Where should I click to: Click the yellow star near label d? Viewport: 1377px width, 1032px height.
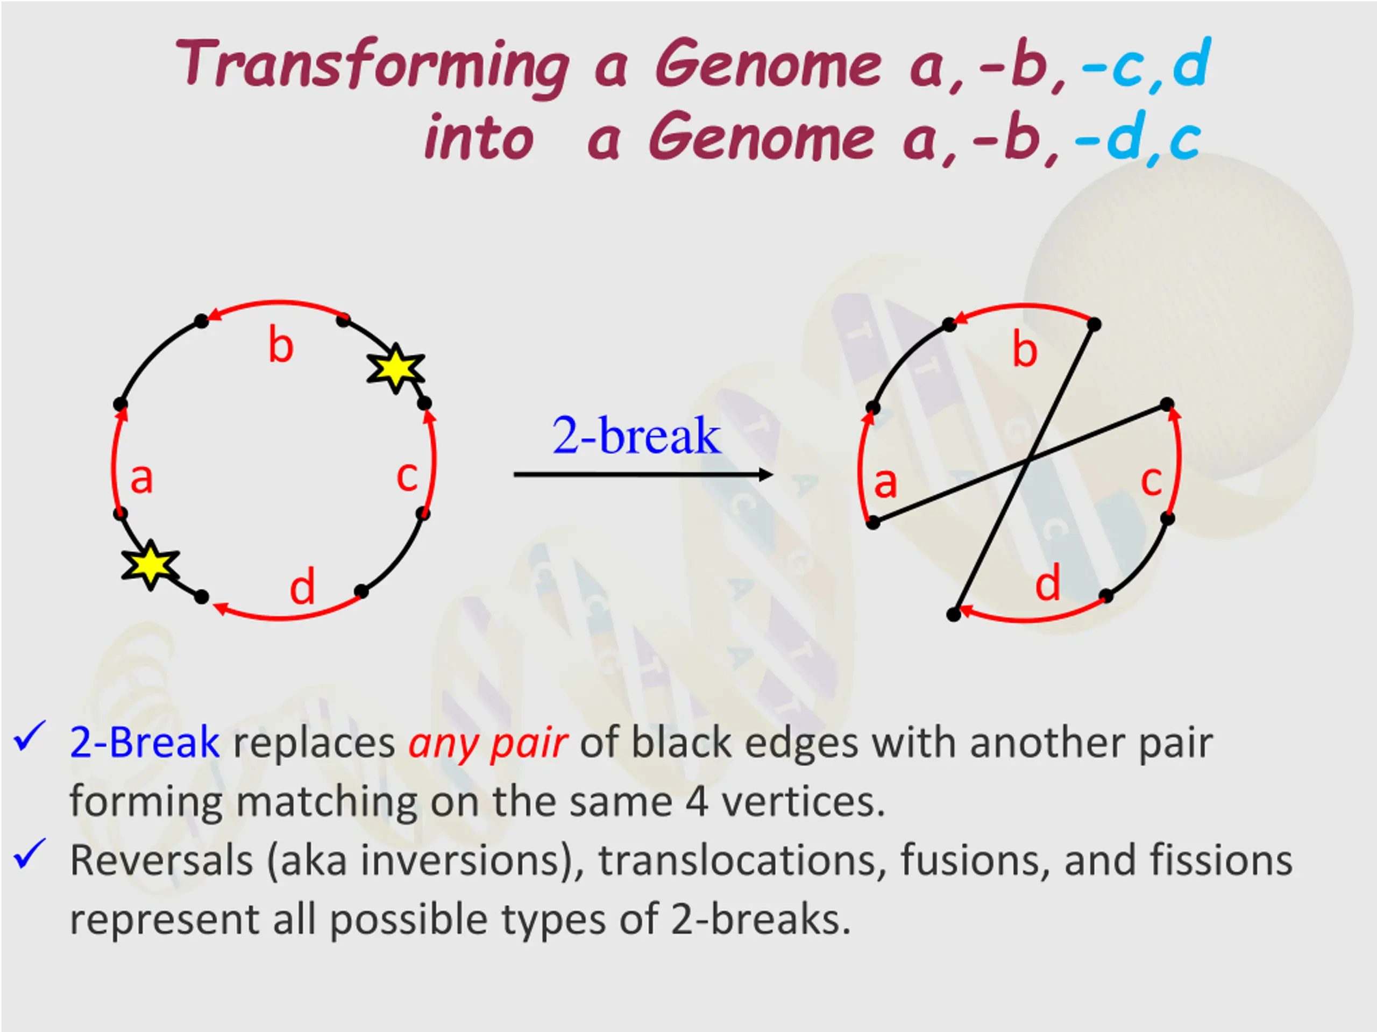151,564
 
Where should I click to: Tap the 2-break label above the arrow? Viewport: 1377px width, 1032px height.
636,435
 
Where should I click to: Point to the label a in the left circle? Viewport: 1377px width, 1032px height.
141,479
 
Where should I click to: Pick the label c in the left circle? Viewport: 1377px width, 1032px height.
407,477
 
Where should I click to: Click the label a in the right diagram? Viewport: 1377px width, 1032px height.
885,482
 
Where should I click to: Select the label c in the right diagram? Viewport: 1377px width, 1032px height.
1151,481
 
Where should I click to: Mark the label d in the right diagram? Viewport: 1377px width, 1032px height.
1048,584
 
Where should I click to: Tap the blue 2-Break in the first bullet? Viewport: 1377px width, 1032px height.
144,742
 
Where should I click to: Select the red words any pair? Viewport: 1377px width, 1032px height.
487,743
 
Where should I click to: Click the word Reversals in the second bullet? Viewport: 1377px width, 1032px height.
161,860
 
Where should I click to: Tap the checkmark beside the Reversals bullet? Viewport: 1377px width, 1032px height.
29,853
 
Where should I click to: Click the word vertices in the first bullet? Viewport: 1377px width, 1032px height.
803,802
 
